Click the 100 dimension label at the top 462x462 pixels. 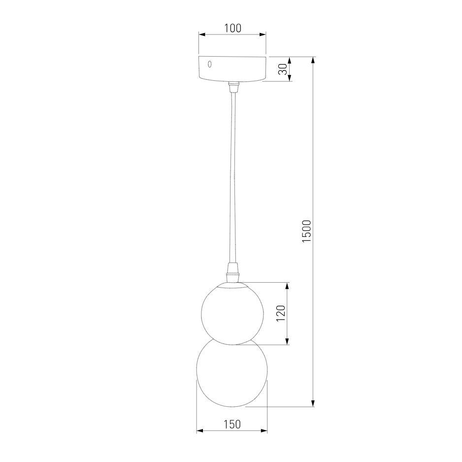[233, 28]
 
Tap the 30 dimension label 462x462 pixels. [282, 69]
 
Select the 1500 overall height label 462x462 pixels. [306, 231]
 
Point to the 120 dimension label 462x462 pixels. [281, 313]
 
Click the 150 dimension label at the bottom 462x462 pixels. [232, 424]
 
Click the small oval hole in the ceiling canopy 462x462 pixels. [209, 64]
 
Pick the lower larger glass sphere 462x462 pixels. [232, 373]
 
